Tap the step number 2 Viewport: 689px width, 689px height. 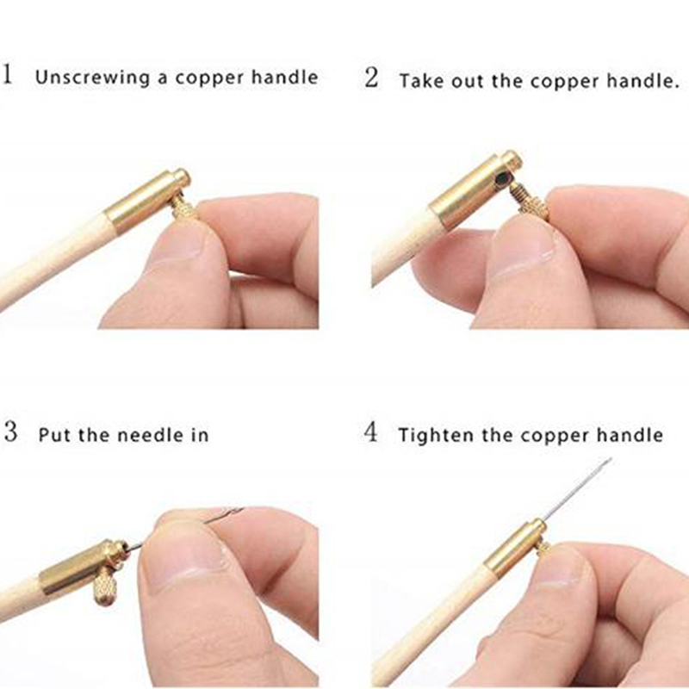pyautogui.click(x=371, y=78)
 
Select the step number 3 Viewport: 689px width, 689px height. pyautogui.click(x=11, y=431)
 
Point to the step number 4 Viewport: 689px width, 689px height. pyautogui.click(x=371, y=431)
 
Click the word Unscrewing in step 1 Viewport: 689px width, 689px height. pyautogui.click(x=93, y=78)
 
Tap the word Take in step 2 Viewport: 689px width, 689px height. pyautogui.click(x=421, y=81)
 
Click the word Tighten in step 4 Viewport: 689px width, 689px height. pyautogui.click(x=435, y=436)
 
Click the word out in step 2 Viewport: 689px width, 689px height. pyautogui.click(x=468, y=81)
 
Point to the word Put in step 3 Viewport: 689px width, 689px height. pyautogui.click(x=54, y=435)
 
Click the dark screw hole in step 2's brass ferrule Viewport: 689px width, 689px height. pyautogui.click(x=501, y=179)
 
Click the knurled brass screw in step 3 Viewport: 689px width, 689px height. pyautogui.click(x=105, y=586)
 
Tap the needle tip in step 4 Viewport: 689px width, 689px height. pyautogui.click(x=610, y=460)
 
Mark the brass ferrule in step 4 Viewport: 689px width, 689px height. pyautogui.click(x=515, y=548)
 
